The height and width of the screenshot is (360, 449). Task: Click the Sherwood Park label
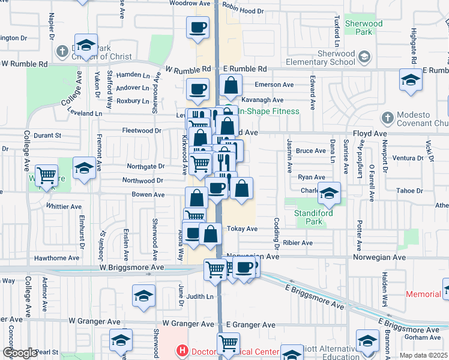(364, 28)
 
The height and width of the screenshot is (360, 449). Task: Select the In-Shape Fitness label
(269, 111)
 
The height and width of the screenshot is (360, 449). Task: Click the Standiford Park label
(309, 217)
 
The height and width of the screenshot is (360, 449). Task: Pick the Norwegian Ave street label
(253, 256)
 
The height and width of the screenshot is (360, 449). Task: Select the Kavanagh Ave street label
(262, 100)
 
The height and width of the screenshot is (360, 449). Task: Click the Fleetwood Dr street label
(141, 130)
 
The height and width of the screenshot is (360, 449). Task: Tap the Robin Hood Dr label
(243, 11)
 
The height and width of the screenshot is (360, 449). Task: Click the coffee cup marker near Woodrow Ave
(198, 26)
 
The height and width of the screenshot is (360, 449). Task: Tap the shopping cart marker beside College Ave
(46, 175)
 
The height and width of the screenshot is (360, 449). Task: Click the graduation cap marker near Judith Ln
(143, 296)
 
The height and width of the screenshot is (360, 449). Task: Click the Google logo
(20, 353)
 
